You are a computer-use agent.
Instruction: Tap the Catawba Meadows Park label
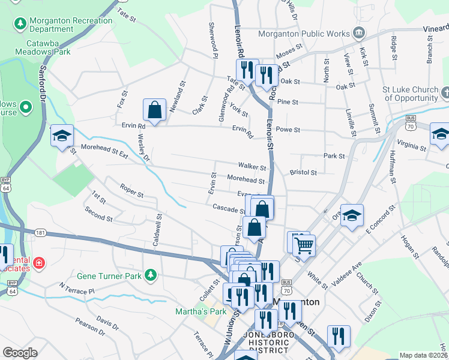point(49,47)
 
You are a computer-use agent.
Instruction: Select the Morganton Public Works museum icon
point(359,32)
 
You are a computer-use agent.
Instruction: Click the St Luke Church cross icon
point(445,92)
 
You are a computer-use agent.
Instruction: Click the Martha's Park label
point(200,311)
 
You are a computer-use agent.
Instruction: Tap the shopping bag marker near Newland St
point(154,110)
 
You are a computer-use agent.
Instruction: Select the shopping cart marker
point(304,244)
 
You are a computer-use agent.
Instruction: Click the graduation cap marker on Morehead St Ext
point(62,136)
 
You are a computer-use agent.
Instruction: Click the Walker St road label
point(252,167)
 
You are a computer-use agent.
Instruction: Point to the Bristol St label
point(303,172)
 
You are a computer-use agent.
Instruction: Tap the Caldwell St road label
point(158,230)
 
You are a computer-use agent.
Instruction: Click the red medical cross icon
point(39,263)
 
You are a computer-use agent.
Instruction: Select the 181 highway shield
point(40,232)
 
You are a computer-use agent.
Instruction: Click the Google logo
point(20,352)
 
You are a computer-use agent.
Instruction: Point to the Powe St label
point(288,129)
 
